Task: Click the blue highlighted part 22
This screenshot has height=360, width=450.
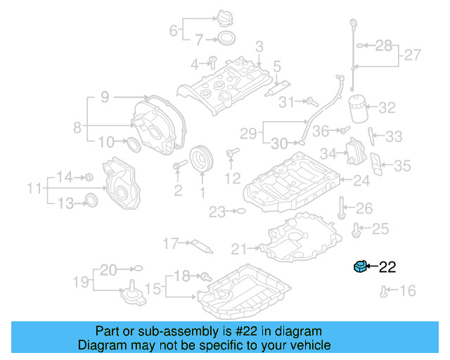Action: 360,266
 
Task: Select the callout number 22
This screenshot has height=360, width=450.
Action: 388,267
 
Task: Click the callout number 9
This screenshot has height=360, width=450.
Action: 104,98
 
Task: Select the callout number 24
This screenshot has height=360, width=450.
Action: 361,181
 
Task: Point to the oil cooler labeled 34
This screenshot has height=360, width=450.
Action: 354,153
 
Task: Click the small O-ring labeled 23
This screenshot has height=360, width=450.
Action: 240,210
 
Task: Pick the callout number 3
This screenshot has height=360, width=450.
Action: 259,48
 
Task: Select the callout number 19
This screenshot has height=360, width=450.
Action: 82,283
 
